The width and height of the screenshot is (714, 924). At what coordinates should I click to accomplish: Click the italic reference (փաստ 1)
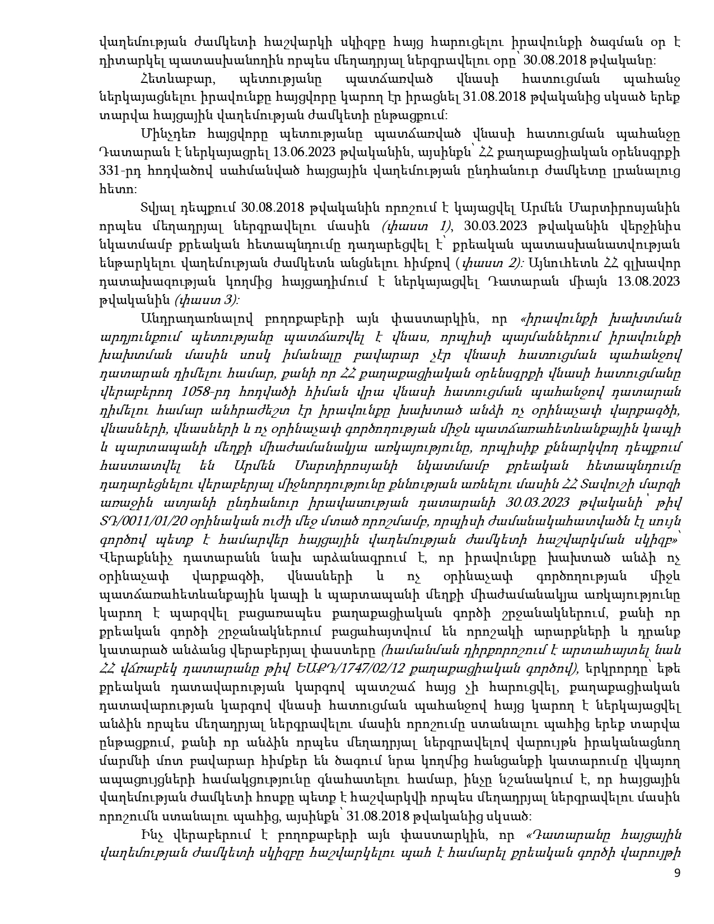pos(415,226)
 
